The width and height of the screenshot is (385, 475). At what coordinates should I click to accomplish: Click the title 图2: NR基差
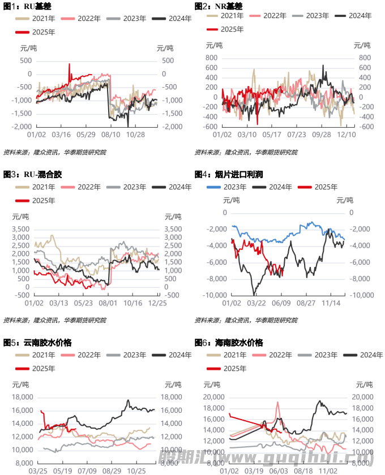tap(218, 6)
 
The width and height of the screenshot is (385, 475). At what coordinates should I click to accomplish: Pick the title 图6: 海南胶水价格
tap(229, 343)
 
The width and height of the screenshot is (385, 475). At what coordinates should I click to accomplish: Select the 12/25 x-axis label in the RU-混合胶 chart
tap(158, 304)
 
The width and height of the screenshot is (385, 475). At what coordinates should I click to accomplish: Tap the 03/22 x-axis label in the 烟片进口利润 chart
tap(256, 304)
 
